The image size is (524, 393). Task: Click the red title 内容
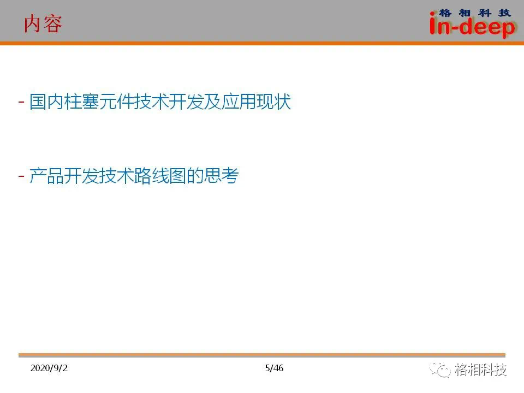tap(43, 24)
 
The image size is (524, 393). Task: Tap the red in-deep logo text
tap(473, 26)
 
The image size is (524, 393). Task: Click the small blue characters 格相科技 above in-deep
tap(474, 13)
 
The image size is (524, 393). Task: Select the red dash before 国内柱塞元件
tap(21, 102)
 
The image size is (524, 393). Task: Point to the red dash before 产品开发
tap(21, 176)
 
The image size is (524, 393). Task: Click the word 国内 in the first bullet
tap(47, 102)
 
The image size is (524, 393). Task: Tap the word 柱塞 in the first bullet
tap(81, 102)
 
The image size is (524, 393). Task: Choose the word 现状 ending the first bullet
tap(273, 102)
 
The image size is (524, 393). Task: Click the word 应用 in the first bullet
tap(239, 102)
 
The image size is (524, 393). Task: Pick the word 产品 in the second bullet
tap(47, 176)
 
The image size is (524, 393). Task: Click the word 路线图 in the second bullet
tap(160, 176)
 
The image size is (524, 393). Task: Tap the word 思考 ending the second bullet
tap(221, 176)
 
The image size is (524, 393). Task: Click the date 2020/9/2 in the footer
tap(49, 368)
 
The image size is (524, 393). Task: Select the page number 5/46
tap(274, 368)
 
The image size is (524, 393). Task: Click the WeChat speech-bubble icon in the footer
tap(440, 370)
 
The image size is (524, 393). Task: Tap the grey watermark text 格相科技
tap(480, 370)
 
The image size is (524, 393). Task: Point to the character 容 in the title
tap(53, 24)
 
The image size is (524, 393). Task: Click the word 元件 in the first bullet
tap(116, 102)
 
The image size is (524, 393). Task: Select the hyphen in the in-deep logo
tap(455, 28)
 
